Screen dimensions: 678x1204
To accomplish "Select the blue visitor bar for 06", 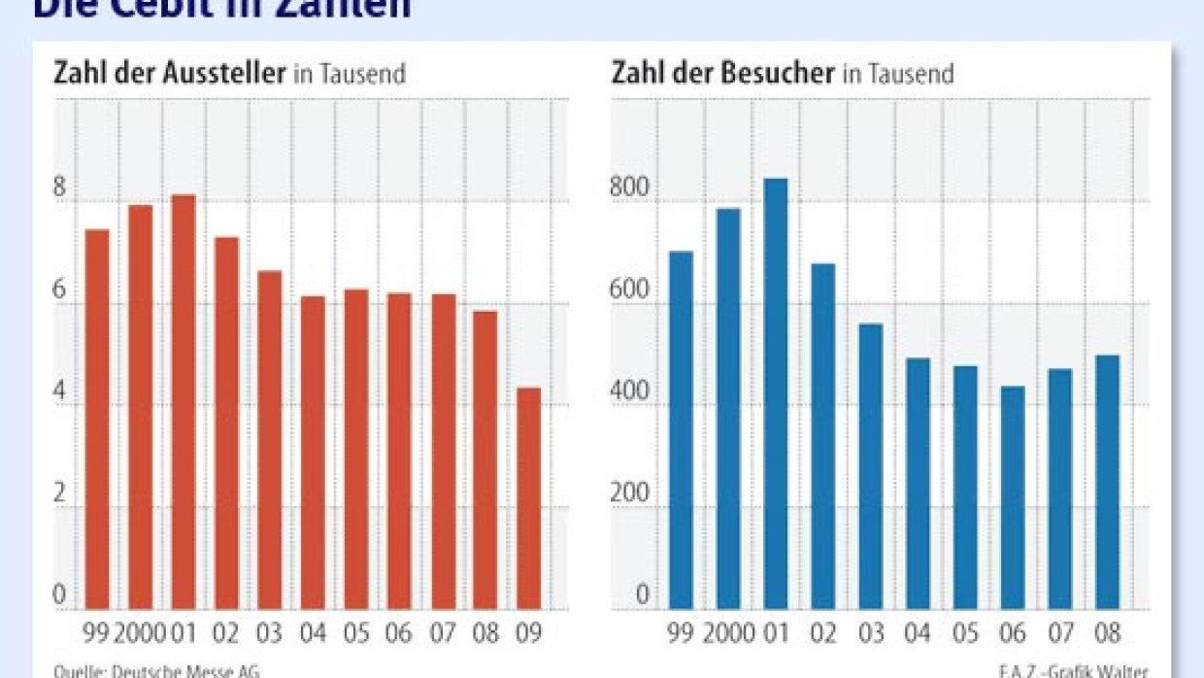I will pyautogui.click(x=1013, y=498).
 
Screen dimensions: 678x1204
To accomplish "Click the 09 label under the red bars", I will pyautogui.click(x=529, y=634).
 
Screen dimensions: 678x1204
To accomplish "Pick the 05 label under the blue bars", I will pyautogui.click(x=965, y=634).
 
